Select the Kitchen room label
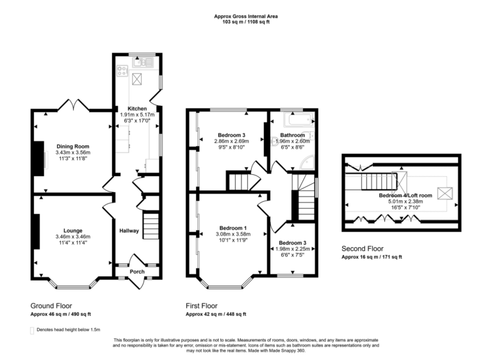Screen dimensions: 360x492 [x=137, y=108]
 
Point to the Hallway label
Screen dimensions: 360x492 [x=129, y=231]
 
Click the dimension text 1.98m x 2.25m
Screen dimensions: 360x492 [x=293, y=249]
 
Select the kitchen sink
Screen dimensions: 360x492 [x=138, y=62]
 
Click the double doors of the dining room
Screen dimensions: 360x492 [x=72, y=105]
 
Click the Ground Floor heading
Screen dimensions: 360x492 [x=51, y=306]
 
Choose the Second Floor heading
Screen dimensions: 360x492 [x=361, y=249]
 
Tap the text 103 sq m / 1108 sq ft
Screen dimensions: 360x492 [x=246, y=22]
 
